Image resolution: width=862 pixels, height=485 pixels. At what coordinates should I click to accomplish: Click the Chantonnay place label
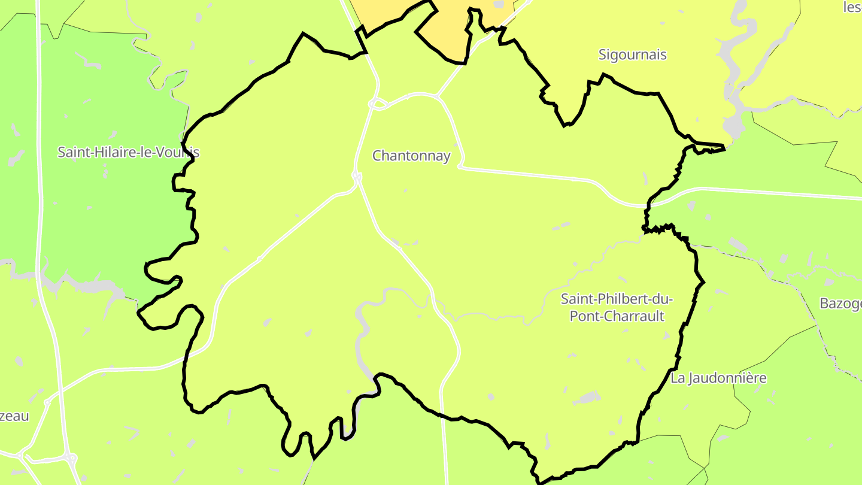[x=411, y=156]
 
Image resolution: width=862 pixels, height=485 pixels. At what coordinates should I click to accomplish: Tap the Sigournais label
[x=632, y=55]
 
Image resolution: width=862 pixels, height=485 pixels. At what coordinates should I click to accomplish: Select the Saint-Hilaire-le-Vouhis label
[x=128, y=152]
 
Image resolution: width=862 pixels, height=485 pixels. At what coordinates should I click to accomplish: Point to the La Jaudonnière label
[x=718, y=378]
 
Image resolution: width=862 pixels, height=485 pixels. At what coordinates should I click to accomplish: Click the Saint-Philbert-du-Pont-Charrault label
[x=617, y=307]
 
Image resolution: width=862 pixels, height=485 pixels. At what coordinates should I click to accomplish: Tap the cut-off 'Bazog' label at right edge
[x=840, y=304]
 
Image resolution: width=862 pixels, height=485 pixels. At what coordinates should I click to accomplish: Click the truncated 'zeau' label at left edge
[x=14, y=416]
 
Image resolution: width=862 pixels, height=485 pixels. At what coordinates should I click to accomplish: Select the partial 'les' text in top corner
[x=852, y=7]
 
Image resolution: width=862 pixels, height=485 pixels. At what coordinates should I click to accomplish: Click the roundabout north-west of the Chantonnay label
[x=376, y=104]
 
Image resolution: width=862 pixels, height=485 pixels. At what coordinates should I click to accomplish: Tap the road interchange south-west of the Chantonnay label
[x=357, y=177]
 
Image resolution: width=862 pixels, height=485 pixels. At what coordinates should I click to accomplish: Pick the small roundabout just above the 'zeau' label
[x=47, y=402]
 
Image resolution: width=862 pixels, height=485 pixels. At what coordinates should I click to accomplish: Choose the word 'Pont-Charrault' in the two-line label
[x=617, y=316]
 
